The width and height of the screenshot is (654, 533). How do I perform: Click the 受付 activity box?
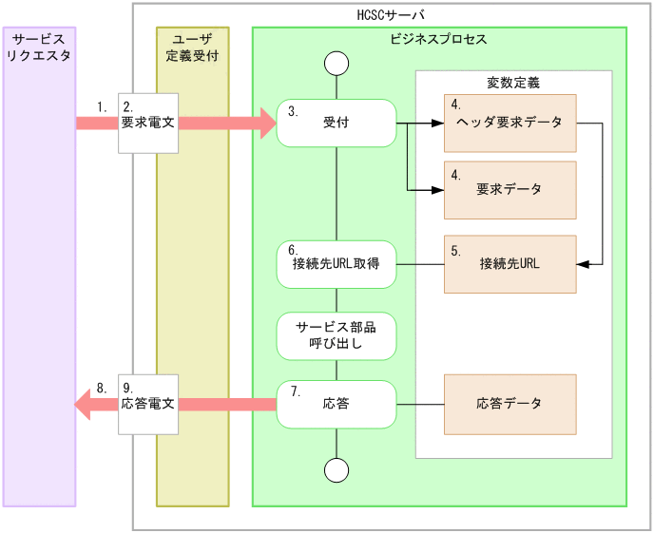click(x=336, y=123)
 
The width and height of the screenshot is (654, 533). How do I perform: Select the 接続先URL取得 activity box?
click(x=336, y=264)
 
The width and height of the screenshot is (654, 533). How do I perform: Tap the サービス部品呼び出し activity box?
click(x=336, y=335)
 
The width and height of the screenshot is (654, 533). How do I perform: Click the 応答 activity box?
click(x=336, y=404)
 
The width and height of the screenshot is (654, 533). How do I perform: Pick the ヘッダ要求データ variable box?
click(x=510, y=124)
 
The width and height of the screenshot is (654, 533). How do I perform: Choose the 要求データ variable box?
click(x=510, y=189)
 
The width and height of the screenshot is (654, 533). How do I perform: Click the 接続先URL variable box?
click(x=510, y=264)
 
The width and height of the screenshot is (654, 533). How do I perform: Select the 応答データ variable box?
click(x=510, y=404)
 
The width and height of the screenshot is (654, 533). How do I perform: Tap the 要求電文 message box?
click(x=147, y=123)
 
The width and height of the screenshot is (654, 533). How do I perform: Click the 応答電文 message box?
click(x=147, y=404)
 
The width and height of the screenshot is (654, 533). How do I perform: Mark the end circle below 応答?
click(x=336, y=468)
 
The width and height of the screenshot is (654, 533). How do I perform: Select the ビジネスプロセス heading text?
click(x=438, y=40)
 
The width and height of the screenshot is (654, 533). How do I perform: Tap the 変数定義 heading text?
click(x=513, y=83)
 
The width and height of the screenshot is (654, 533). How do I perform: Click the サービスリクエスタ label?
click(x=39, y=48)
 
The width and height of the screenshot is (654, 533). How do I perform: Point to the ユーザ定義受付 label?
click(x=193, y=48)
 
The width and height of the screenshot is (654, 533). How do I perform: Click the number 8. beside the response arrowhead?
click(x=103, y=388)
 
